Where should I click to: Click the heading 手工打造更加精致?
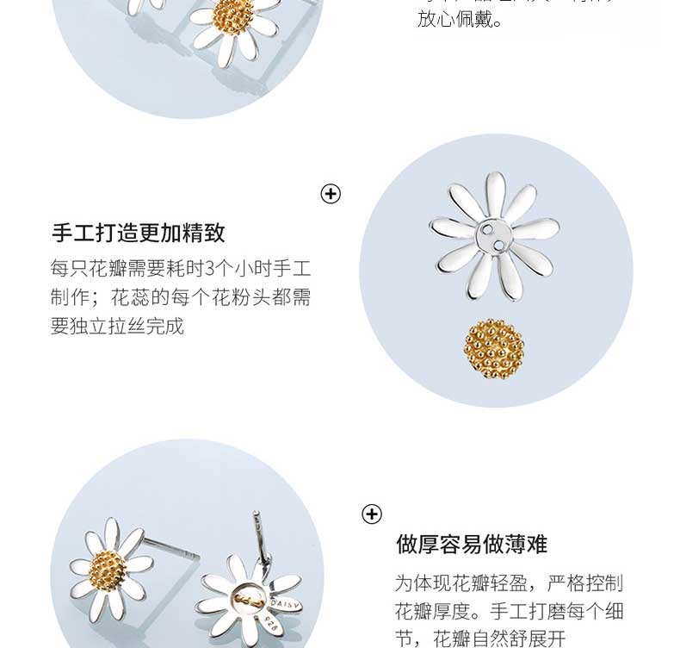click(139, 233)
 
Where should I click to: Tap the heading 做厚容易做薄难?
click(471, 545)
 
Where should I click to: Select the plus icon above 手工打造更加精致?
click(331, 194)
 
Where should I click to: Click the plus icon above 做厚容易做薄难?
click(371, 514)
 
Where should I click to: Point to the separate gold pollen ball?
click(494, 348)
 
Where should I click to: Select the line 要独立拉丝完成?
click(117, 327)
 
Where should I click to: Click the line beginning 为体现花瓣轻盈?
click(508, 583)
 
